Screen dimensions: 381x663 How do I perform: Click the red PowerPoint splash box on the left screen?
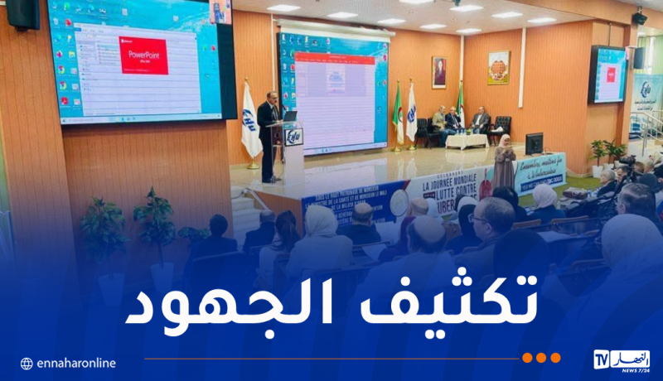(x=143, y=56)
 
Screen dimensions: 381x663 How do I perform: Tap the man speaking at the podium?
(x=267, y=133)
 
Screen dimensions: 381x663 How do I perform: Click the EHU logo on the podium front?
(x=293, y=137)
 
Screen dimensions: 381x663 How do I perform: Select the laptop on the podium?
(x=290, y=116)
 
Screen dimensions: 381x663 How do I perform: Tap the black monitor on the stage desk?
(x=534, y=143)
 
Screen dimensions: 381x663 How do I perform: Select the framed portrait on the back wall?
(x=439, y=72)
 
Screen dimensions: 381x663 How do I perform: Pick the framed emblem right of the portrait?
(x=498, y=68)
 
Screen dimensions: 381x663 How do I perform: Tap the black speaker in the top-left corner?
(x=22, y=12)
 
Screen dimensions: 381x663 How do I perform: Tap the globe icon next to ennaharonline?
(x=27, y=364)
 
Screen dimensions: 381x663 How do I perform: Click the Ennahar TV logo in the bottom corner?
(x=622, y=359)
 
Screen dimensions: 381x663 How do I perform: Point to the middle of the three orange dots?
(x=541, y=358)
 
